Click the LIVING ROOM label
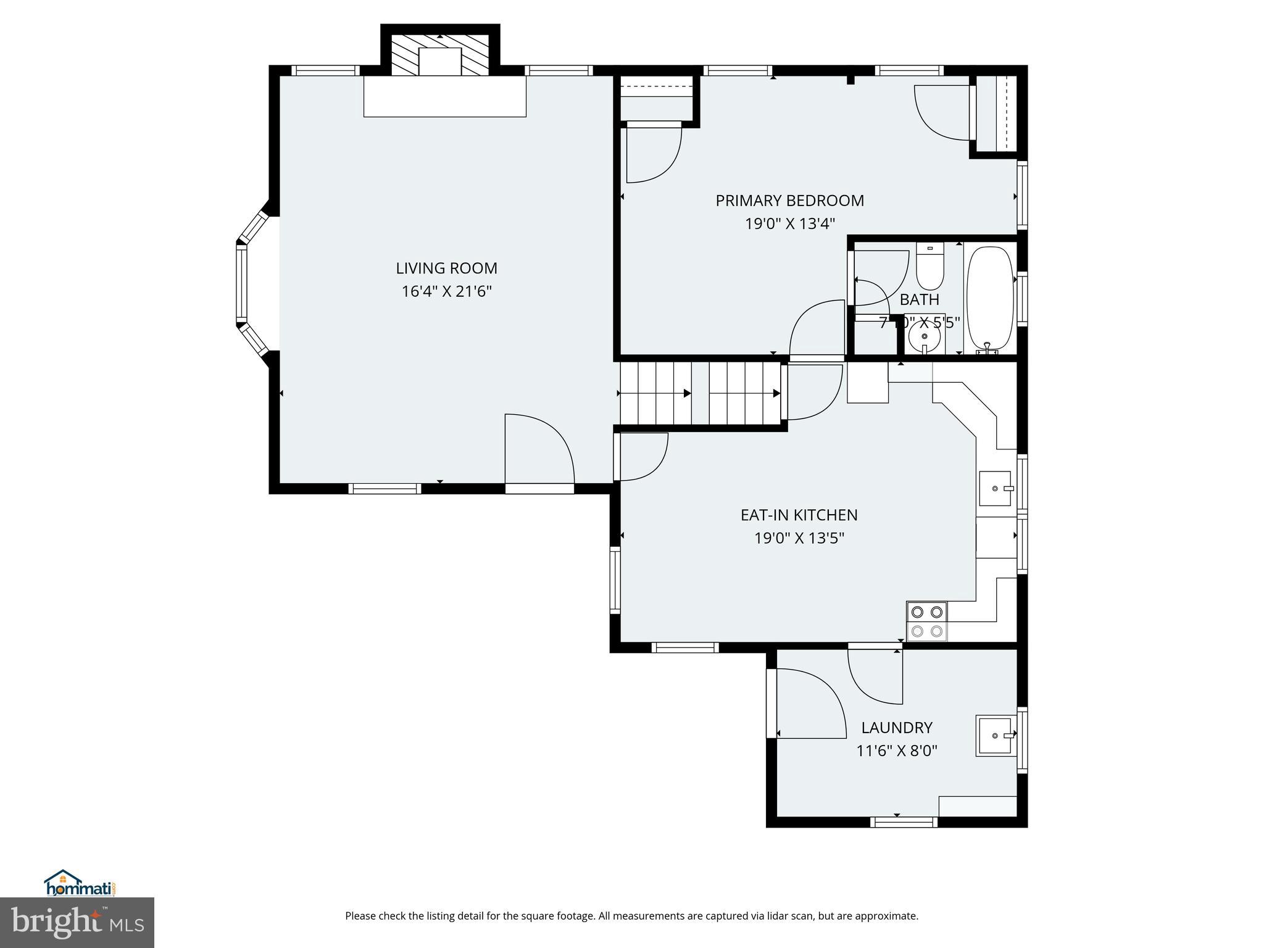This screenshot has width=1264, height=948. point(446,268)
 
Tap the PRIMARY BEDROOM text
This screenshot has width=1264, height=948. point(789,201)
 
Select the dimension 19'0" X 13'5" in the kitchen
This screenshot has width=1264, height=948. point(799,538)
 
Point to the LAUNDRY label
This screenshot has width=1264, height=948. point(896,728)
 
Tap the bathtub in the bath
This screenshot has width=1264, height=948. point(990,299)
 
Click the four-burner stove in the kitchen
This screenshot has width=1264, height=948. point(926,621)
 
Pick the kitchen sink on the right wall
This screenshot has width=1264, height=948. point(996,488)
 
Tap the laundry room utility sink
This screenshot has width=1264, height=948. point(994,736)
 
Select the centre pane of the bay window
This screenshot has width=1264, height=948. point(241,284)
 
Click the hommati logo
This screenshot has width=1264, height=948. point(80,884)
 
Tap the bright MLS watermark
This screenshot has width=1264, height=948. point(77,922)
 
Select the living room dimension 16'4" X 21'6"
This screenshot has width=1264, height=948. point(446,291)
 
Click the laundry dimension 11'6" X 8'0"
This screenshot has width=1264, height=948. point(896,751)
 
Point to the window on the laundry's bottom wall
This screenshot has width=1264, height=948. point(904,822)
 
